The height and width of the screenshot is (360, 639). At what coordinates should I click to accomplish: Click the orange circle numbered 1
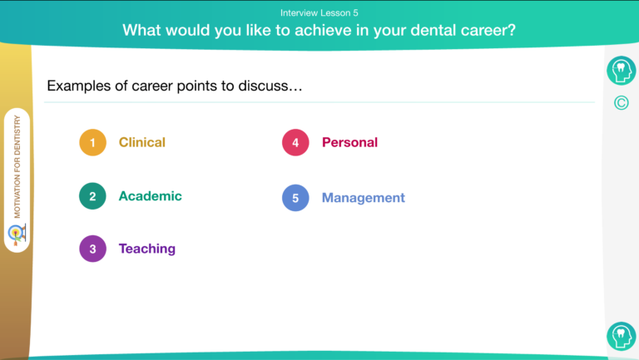(92, 142)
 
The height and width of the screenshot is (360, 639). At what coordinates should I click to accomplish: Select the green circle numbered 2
(92, 196)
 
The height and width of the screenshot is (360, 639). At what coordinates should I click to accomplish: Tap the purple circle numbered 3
(92, 249)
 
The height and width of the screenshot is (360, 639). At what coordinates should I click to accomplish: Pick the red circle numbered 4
(295, 142)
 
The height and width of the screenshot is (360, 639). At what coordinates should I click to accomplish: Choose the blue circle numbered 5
(295, 198)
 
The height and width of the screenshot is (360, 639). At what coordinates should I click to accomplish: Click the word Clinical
(141, 142)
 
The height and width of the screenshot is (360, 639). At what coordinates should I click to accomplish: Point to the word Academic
(150, 196)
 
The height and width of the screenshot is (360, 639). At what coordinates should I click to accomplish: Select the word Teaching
(146, 249)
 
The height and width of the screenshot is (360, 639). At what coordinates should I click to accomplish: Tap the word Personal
(349, 142)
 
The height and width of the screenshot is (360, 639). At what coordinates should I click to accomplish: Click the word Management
(363, 198)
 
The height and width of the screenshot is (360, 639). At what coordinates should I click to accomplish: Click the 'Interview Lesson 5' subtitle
(319, 13)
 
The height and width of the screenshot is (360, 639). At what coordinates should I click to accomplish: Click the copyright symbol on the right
(621, 103)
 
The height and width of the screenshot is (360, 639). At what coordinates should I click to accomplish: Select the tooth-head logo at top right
(621, 71)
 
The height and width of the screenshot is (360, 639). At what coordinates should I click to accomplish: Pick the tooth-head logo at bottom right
(621, 337)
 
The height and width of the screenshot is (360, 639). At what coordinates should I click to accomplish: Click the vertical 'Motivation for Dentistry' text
(17, 166)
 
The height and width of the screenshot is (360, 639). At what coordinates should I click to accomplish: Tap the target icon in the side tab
(17, 234)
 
